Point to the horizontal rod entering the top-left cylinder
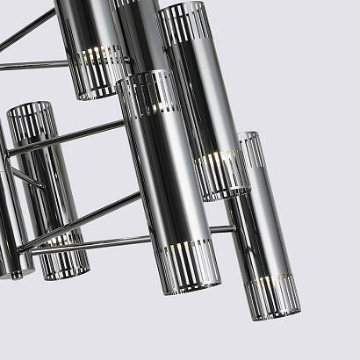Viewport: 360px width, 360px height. (35, 66)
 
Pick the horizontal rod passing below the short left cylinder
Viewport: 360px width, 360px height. (114, 241)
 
